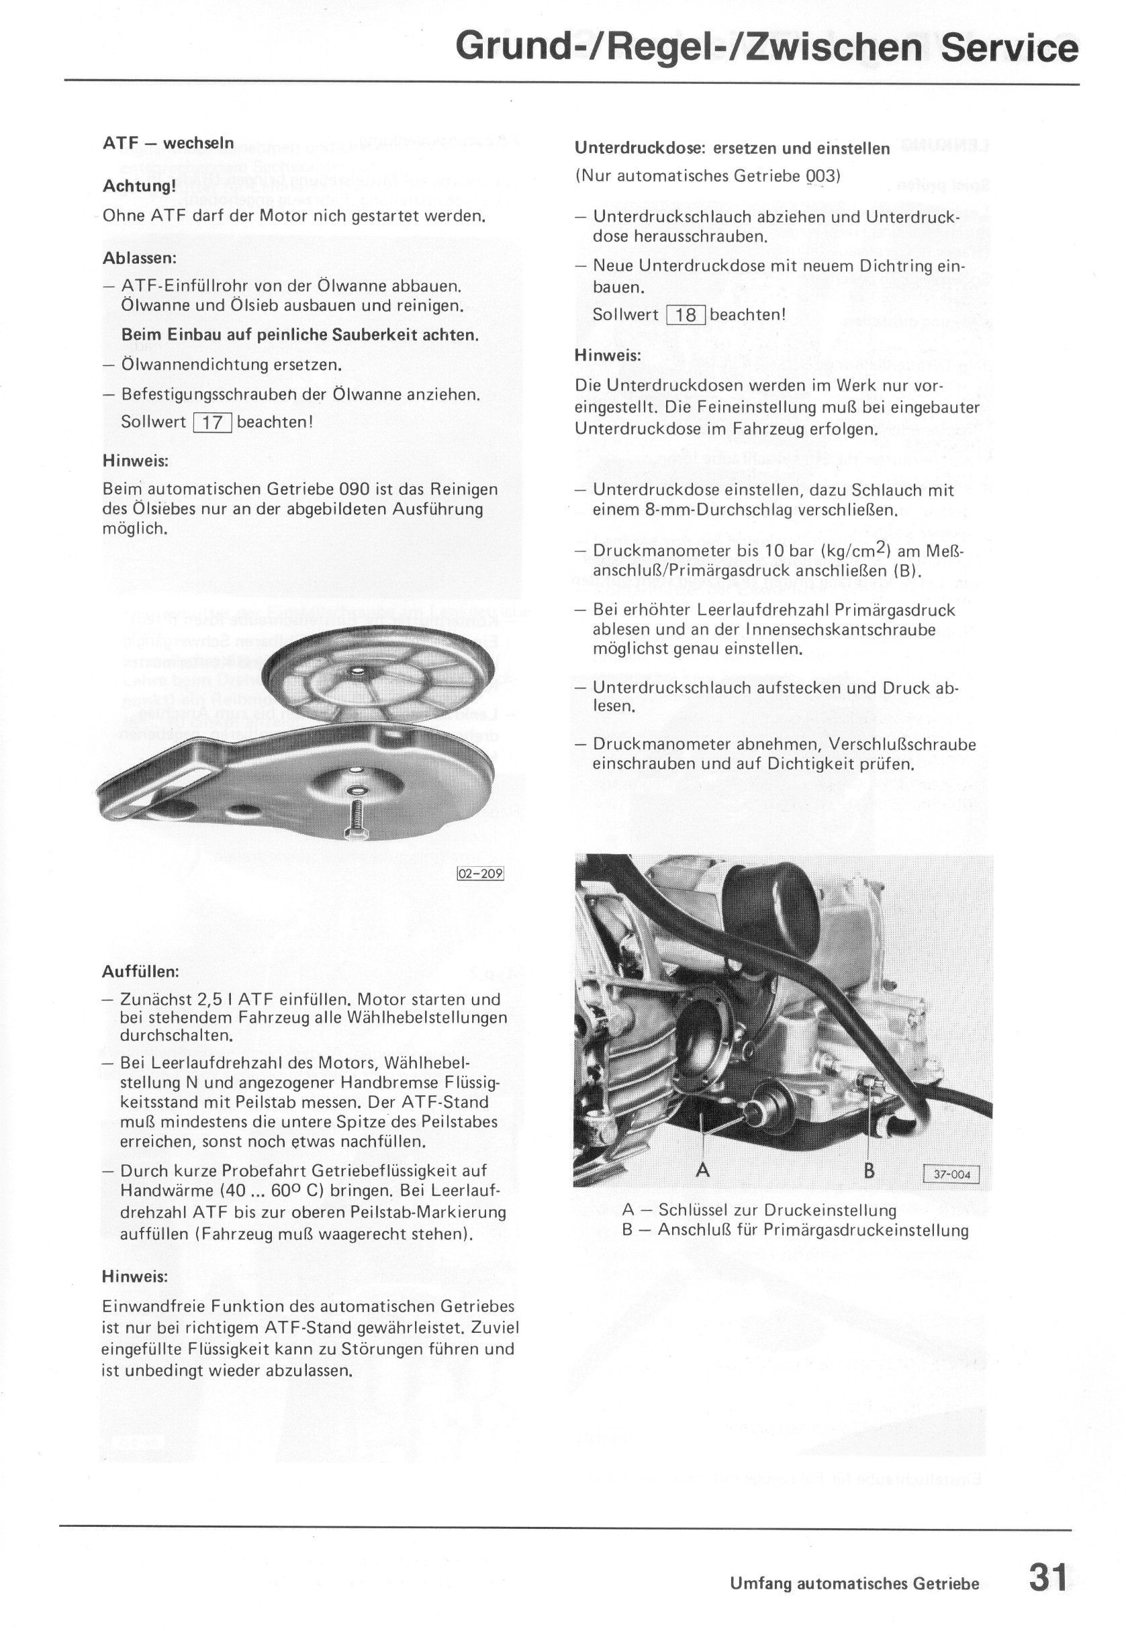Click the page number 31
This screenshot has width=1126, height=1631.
[1048, 1577]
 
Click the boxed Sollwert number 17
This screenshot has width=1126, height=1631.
[212, 422]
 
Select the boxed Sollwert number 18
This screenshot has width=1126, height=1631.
[685, 316]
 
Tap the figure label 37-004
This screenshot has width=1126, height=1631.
[951, 1174]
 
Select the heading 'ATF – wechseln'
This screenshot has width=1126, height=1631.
[168, 143]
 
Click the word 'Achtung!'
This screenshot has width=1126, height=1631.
[139, 186]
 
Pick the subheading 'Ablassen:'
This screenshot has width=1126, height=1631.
[139, 259]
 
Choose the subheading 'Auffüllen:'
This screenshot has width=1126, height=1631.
[140, 972]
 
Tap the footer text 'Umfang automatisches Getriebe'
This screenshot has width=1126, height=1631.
[854, 1584]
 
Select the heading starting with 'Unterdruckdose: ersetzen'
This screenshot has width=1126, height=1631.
[732, 149]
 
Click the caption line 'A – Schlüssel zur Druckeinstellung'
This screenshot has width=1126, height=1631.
[759, 1210]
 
